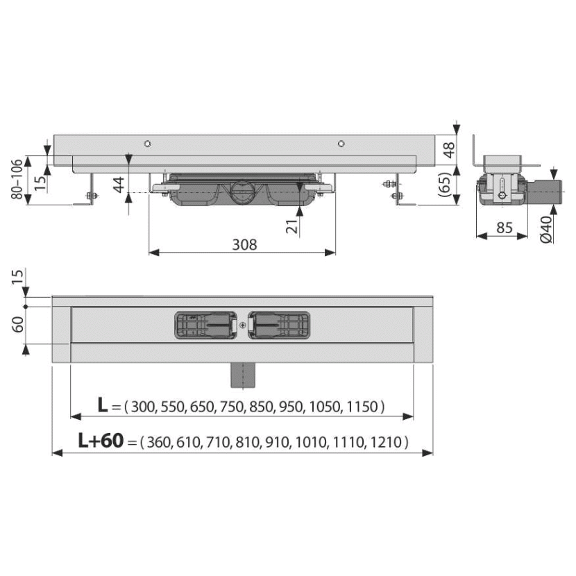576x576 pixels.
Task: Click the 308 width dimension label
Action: [244, 245]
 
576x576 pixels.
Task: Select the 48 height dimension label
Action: [448, 150]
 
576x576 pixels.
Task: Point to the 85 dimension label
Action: [505, 228]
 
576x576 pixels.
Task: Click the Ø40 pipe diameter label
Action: [547, 229]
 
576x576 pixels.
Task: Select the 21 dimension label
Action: [292, 227]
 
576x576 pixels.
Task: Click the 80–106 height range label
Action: [17, 180]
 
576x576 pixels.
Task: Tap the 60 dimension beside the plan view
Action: [17, 325]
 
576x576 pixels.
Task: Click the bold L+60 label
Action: [101, 441]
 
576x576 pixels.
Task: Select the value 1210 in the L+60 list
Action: [386, 442]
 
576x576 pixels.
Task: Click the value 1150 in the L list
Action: [362, 407]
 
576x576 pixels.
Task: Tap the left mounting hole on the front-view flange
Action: [147, 144]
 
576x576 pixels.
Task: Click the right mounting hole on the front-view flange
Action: [341, 144]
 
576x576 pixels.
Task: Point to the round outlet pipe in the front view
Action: [242, 191]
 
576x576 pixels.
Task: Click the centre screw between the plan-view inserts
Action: [242, 325]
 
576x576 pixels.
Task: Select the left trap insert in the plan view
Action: [205, 325]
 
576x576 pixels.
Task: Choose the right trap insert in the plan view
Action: [279, 325]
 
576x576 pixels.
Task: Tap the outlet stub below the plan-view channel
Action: [242, 375]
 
